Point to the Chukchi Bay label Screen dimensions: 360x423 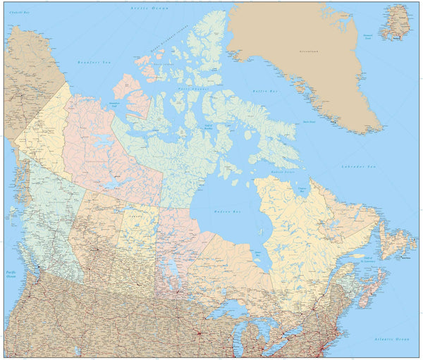(x=20, y=13)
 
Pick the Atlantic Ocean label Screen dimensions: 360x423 (x=393, y=339)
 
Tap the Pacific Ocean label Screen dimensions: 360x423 (x=11, y=274)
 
